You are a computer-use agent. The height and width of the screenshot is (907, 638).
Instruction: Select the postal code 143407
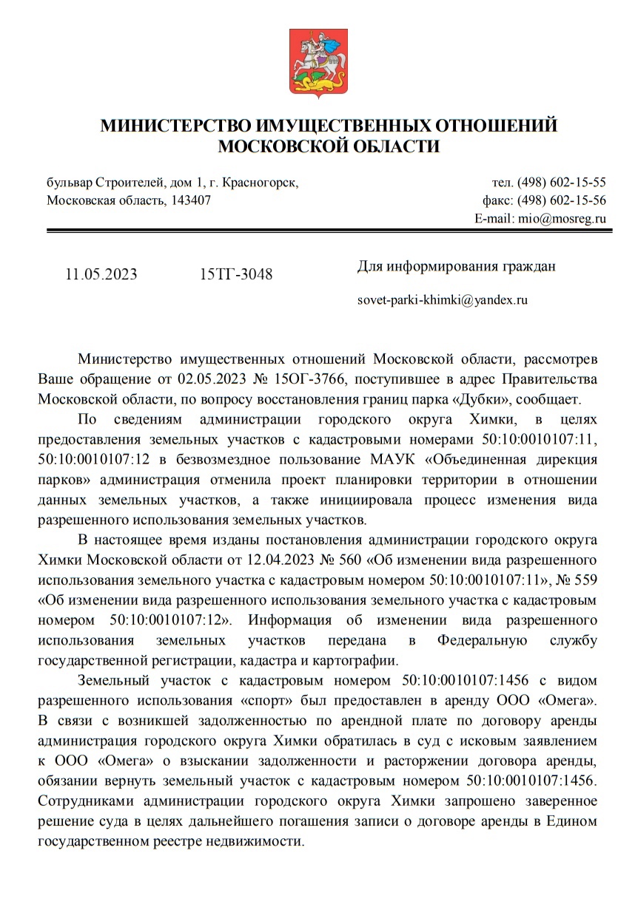(191, 200)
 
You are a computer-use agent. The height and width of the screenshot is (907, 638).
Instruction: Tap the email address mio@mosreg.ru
(562, 219)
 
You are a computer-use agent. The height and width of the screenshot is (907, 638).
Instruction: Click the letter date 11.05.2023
(101, 274)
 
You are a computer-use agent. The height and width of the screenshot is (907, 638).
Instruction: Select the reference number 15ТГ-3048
(235, 274)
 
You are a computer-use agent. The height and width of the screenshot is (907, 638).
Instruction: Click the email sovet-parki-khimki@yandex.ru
(443, 301)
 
